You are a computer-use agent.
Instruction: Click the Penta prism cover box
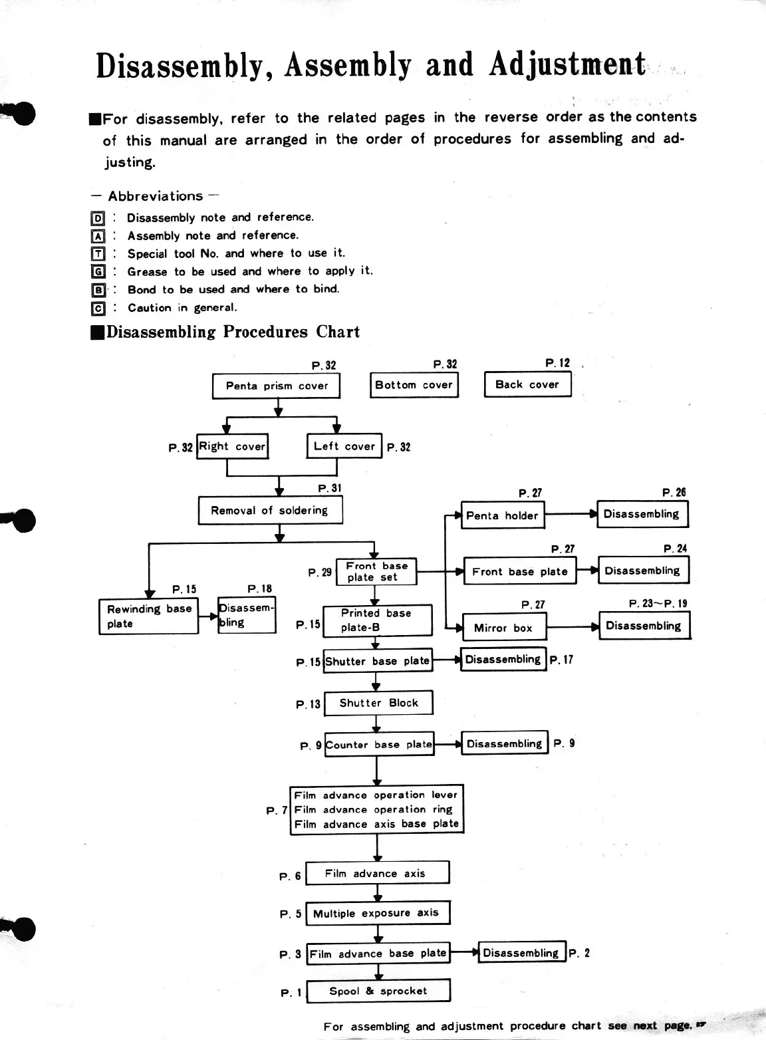pos(276,386)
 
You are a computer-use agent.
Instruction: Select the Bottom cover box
pos(414,385)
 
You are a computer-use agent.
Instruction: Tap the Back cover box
pos(527,384)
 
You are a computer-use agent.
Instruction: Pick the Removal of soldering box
pos(270,511)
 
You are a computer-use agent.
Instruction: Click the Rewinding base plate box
pos(148,616)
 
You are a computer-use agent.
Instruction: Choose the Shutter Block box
pos(378,703)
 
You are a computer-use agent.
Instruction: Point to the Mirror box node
pos(503,628)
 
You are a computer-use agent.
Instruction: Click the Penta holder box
pos(503,515)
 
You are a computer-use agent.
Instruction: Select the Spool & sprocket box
pos(378,991)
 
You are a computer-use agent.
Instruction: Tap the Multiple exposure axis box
pos(377,913)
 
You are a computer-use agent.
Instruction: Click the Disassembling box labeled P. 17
pos(503,659)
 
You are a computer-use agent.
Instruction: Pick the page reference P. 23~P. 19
pos(658,604)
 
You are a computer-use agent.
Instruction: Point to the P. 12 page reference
pos(557,363)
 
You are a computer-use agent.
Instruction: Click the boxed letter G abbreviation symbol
pos(98,271)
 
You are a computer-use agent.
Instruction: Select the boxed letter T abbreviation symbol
pos(98,253)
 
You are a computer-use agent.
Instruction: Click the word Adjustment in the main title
pos(567,65)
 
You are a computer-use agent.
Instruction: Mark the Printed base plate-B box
pos(377,620)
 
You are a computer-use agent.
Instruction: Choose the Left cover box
pos(344,446)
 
